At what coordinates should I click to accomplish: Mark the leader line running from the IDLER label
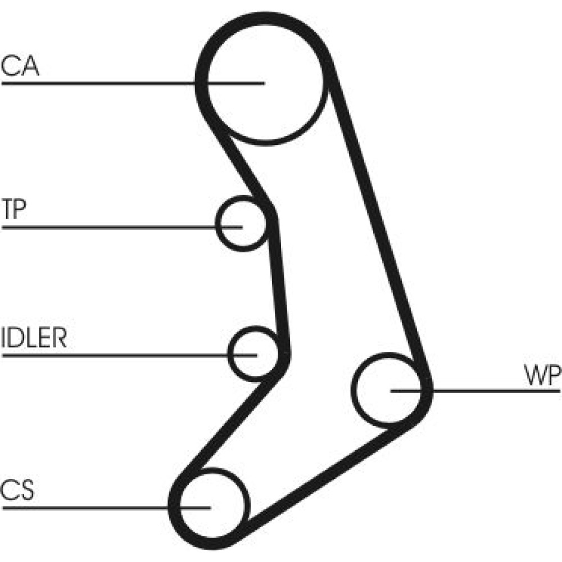[112, 355]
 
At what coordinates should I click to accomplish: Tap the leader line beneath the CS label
[84, 507]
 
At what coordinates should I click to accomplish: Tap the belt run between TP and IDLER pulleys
[279, 287]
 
